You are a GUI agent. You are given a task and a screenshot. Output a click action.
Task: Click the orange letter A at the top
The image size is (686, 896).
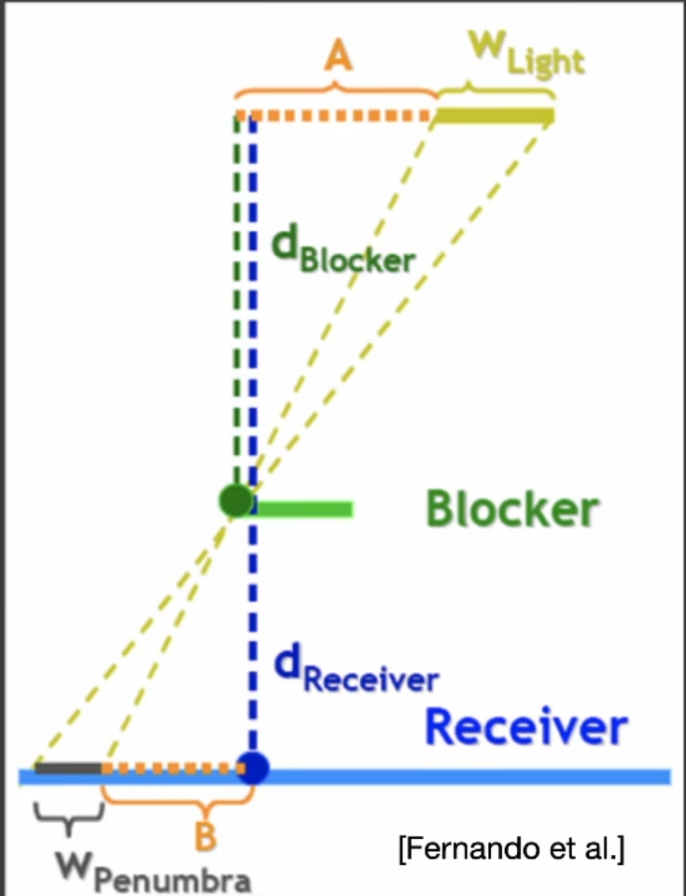tap(337, 58)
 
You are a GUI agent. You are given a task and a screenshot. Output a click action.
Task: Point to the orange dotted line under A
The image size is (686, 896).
tap(336, 116)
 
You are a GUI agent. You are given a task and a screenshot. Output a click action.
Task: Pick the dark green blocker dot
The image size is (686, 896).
tap(236, 501)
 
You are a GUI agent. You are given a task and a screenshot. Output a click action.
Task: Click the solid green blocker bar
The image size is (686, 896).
tap(302, 508)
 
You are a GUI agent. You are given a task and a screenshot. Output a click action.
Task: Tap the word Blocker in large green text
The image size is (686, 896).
tap(511, 509)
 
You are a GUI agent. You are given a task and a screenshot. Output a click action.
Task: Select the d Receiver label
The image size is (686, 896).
tap(356, 668)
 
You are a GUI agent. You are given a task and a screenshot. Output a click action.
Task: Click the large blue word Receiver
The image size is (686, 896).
tap(525, 727)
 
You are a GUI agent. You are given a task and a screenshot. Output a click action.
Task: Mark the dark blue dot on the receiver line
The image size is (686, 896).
tap(252, 768)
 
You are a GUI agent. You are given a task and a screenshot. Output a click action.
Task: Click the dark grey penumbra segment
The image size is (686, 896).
tap(68, 769)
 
